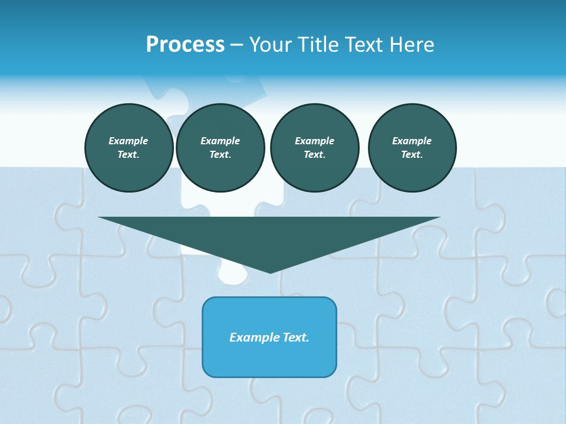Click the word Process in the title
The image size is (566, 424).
[185, 45]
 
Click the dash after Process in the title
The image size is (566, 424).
[236, 45]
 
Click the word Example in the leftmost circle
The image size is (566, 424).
[129, 141]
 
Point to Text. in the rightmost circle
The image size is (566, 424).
[412, 154]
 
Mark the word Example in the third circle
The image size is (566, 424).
[314, 141]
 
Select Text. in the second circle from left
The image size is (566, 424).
[220, 154]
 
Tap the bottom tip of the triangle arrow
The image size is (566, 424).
[270, 271]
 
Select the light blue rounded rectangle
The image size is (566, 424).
[269, 359]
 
